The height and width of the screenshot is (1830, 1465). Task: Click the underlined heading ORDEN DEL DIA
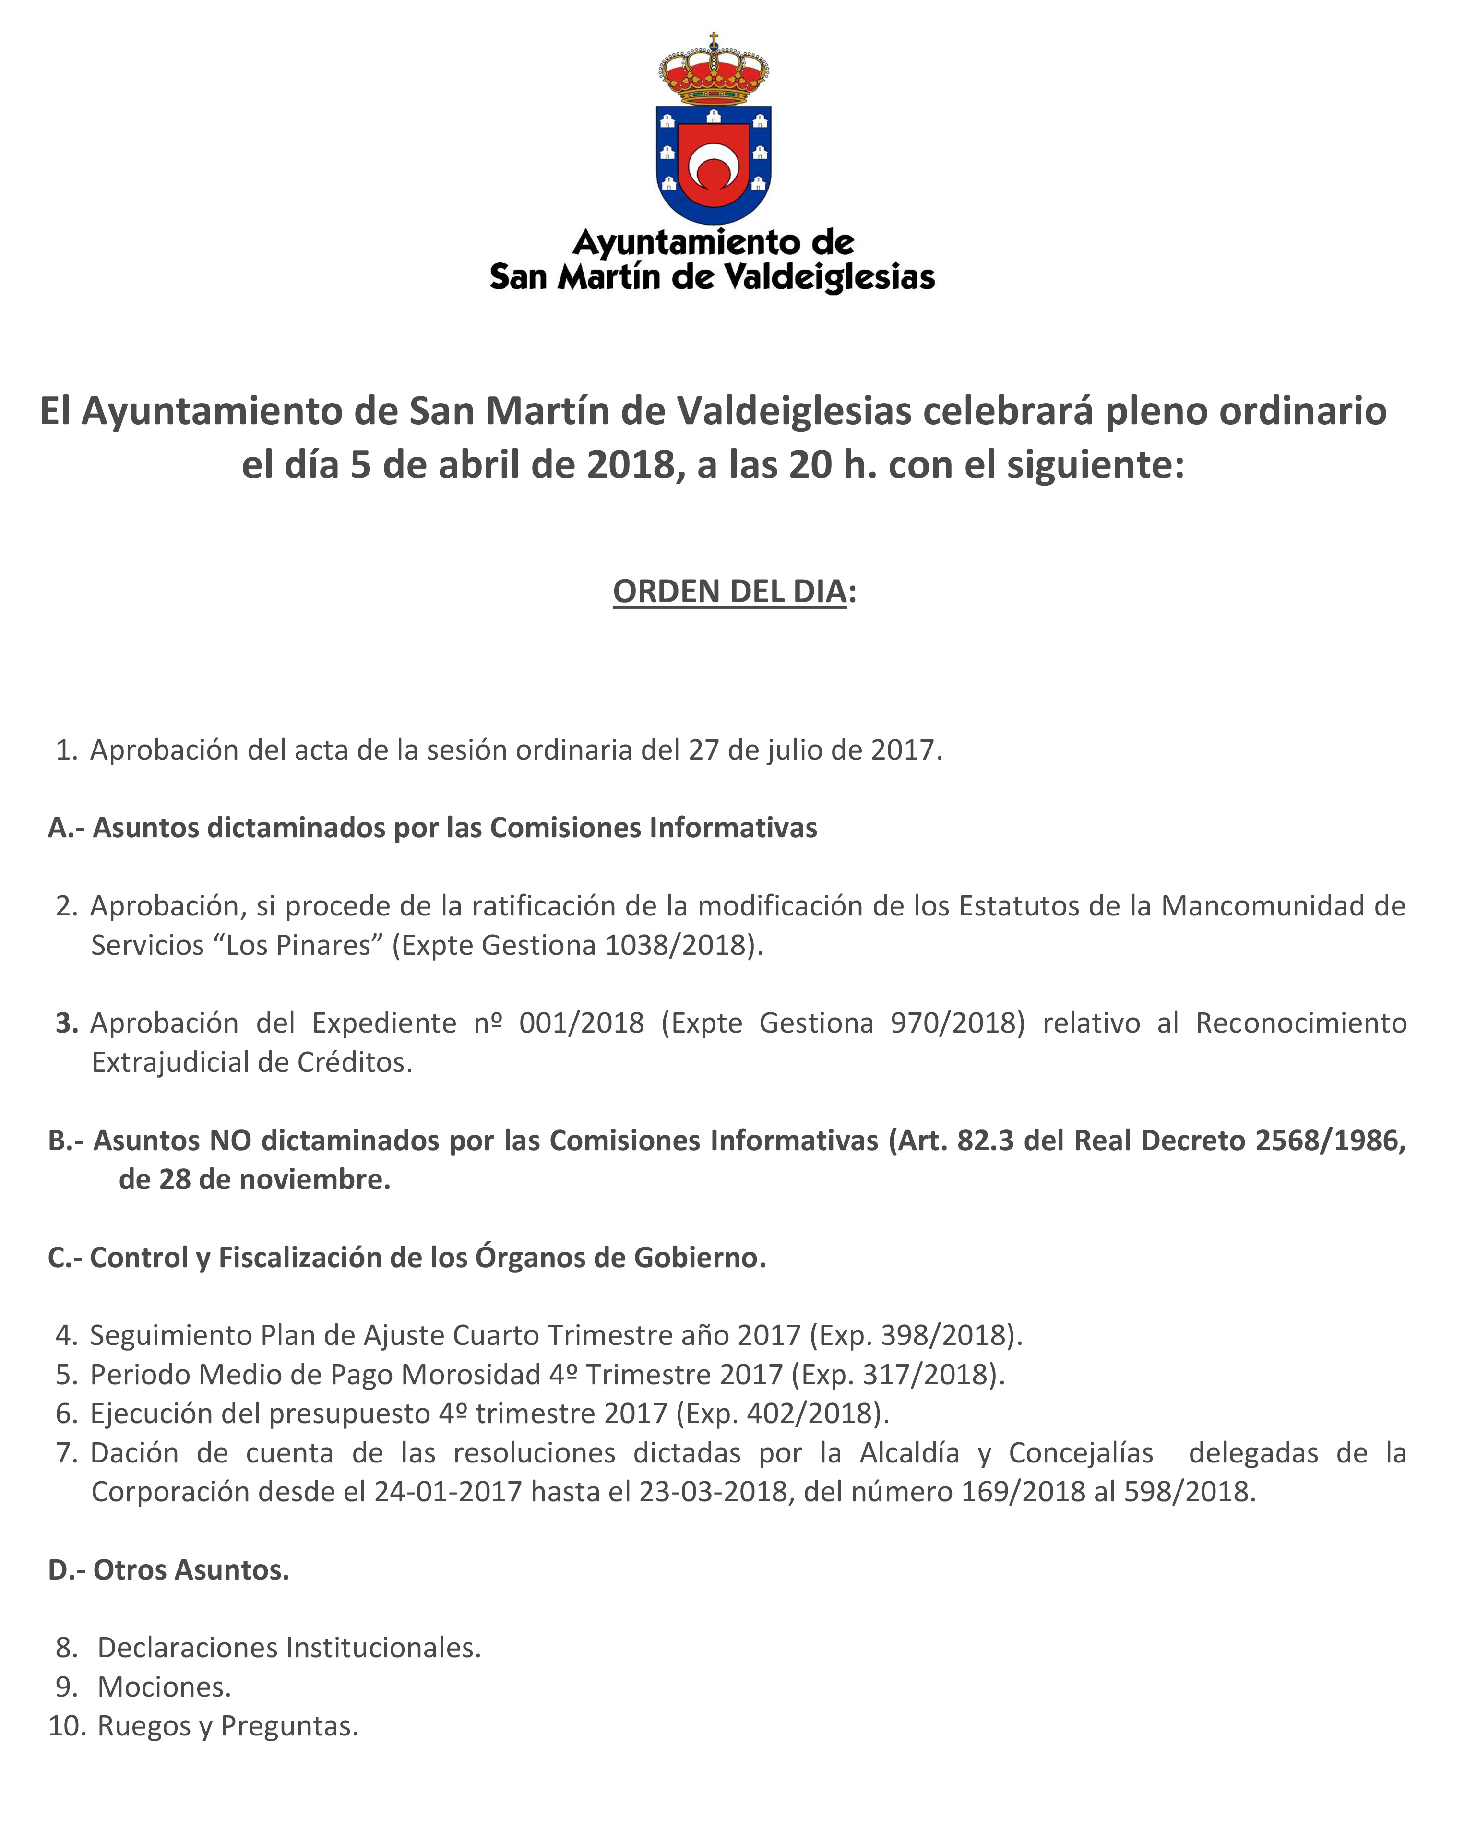point(729,592)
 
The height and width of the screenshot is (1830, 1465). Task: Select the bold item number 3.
point(66,1023)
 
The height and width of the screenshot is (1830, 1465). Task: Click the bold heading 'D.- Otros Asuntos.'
point(169,1570)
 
